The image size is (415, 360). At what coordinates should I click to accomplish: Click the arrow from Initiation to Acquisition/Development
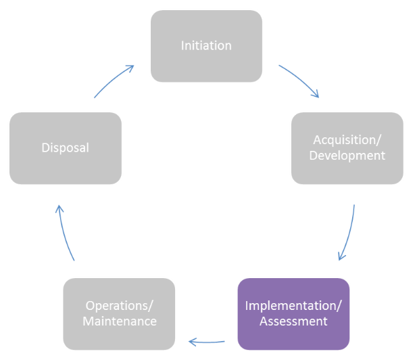300,80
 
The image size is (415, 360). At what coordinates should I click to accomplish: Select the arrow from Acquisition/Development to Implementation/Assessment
349,233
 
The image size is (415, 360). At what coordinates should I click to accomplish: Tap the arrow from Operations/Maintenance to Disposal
64,233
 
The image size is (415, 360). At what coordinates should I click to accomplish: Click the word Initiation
206,46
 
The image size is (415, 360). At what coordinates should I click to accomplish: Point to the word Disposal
65,148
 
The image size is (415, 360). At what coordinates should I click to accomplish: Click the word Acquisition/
347,140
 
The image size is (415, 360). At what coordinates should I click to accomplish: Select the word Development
347,156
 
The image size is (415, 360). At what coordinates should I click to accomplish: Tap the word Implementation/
293,305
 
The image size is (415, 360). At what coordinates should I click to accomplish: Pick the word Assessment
293,321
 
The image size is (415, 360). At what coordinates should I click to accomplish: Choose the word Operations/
119,305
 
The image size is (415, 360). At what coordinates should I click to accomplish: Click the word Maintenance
119,321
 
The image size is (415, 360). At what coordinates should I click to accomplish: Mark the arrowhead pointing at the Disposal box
59,209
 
